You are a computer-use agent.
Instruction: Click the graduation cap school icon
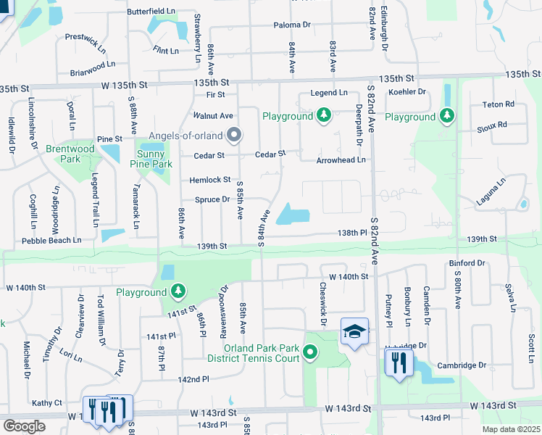coord(354,331)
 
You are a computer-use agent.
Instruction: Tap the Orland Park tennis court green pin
coord(311,353)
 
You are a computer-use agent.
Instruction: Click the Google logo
coord(24,426)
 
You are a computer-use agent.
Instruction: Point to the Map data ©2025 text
coord(509,429)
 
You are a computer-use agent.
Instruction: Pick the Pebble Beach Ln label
coord(51,240)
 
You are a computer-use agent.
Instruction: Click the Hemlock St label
coord(209,180)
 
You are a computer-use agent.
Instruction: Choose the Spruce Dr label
coord(212,199)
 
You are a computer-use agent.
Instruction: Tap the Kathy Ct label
coord(46,402)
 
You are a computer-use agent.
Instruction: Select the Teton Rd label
coord(498,104)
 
